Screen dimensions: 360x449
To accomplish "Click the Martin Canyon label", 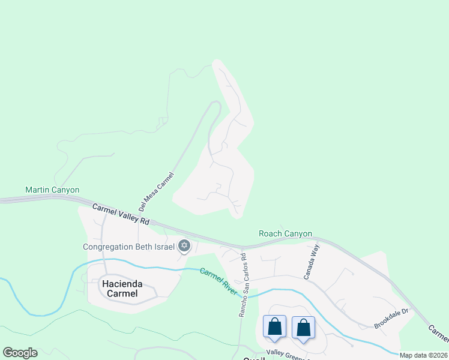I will click(52, 190).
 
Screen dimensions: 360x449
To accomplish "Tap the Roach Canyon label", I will click(285, 234).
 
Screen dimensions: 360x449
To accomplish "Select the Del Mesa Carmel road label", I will click(155, 191).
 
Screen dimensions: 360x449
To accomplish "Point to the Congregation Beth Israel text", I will click(128, 246).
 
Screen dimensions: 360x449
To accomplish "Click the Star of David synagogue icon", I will click(184, 246).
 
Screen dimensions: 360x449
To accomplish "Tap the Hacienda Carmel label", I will click(119, 289).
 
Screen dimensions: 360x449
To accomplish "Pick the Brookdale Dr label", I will click(391, 317).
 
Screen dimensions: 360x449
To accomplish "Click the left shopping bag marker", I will click(274, 328).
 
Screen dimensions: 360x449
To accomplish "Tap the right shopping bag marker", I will click(303, 328).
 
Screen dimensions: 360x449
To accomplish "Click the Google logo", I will click(20, 353).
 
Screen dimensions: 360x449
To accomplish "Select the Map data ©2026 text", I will click(424, 355).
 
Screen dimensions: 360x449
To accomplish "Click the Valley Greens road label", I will click(287, 353).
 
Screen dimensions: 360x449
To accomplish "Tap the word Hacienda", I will click(119, 284).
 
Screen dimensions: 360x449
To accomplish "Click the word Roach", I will click(270, 234).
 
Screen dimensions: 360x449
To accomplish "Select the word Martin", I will click(37, 190).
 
